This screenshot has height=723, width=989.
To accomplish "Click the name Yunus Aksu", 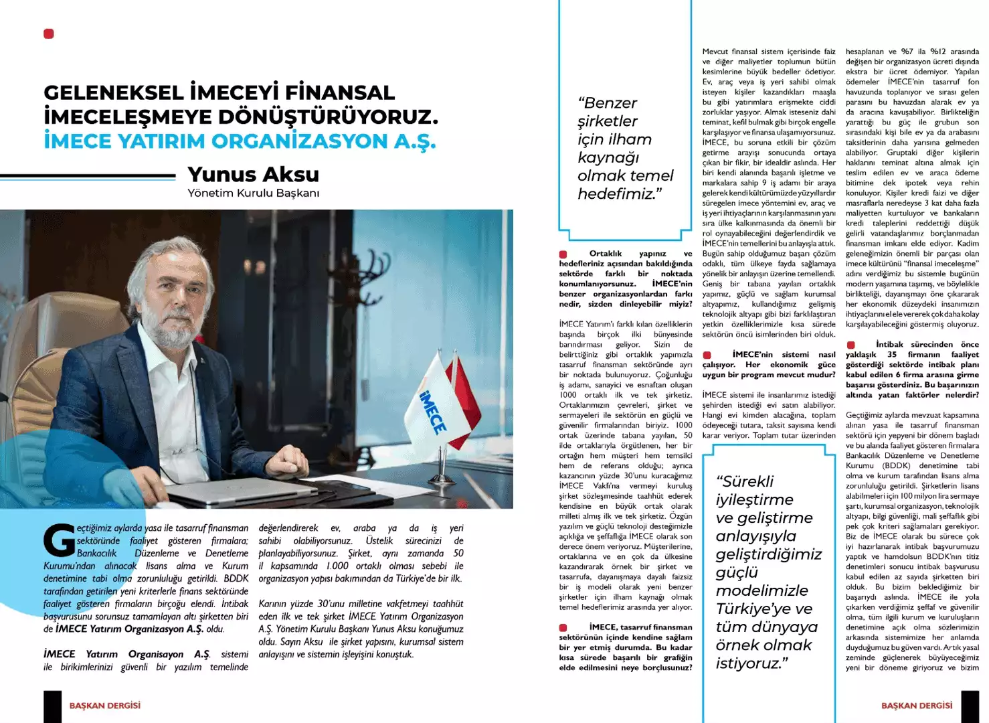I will click(253, 174).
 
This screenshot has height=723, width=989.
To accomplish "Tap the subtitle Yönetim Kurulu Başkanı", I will click(253, 193).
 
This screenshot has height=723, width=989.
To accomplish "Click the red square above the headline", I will click(49, 33).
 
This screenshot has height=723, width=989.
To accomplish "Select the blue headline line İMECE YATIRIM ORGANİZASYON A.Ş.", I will click(240, 141).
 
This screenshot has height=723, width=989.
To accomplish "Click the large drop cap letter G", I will click(59, 540).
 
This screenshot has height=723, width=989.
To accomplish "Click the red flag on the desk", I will click(464, 395).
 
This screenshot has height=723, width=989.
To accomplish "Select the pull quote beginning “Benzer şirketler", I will click(625, 148).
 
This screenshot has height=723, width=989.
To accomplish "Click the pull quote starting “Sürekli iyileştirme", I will click(768, 572).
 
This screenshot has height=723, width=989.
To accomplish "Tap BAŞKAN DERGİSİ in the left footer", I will click(105, 706).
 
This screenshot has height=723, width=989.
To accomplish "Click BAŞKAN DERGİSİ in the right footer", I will click(916, 706).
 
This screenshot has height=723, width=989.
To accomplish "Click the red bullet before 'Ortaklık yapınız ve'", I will click(563, 254).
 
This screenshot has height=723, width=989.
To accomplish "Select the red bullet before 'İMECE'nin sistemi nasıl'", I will click(707, 355).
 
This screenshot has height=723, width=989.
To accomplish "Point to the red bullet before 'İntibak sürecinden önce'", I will click(850, 345).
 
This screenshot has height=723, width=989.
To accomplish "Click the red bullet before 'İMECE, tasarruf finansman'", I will click(563, 627).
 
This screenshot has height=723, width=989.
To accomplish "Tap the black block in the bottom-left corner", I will click(52, 706).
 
